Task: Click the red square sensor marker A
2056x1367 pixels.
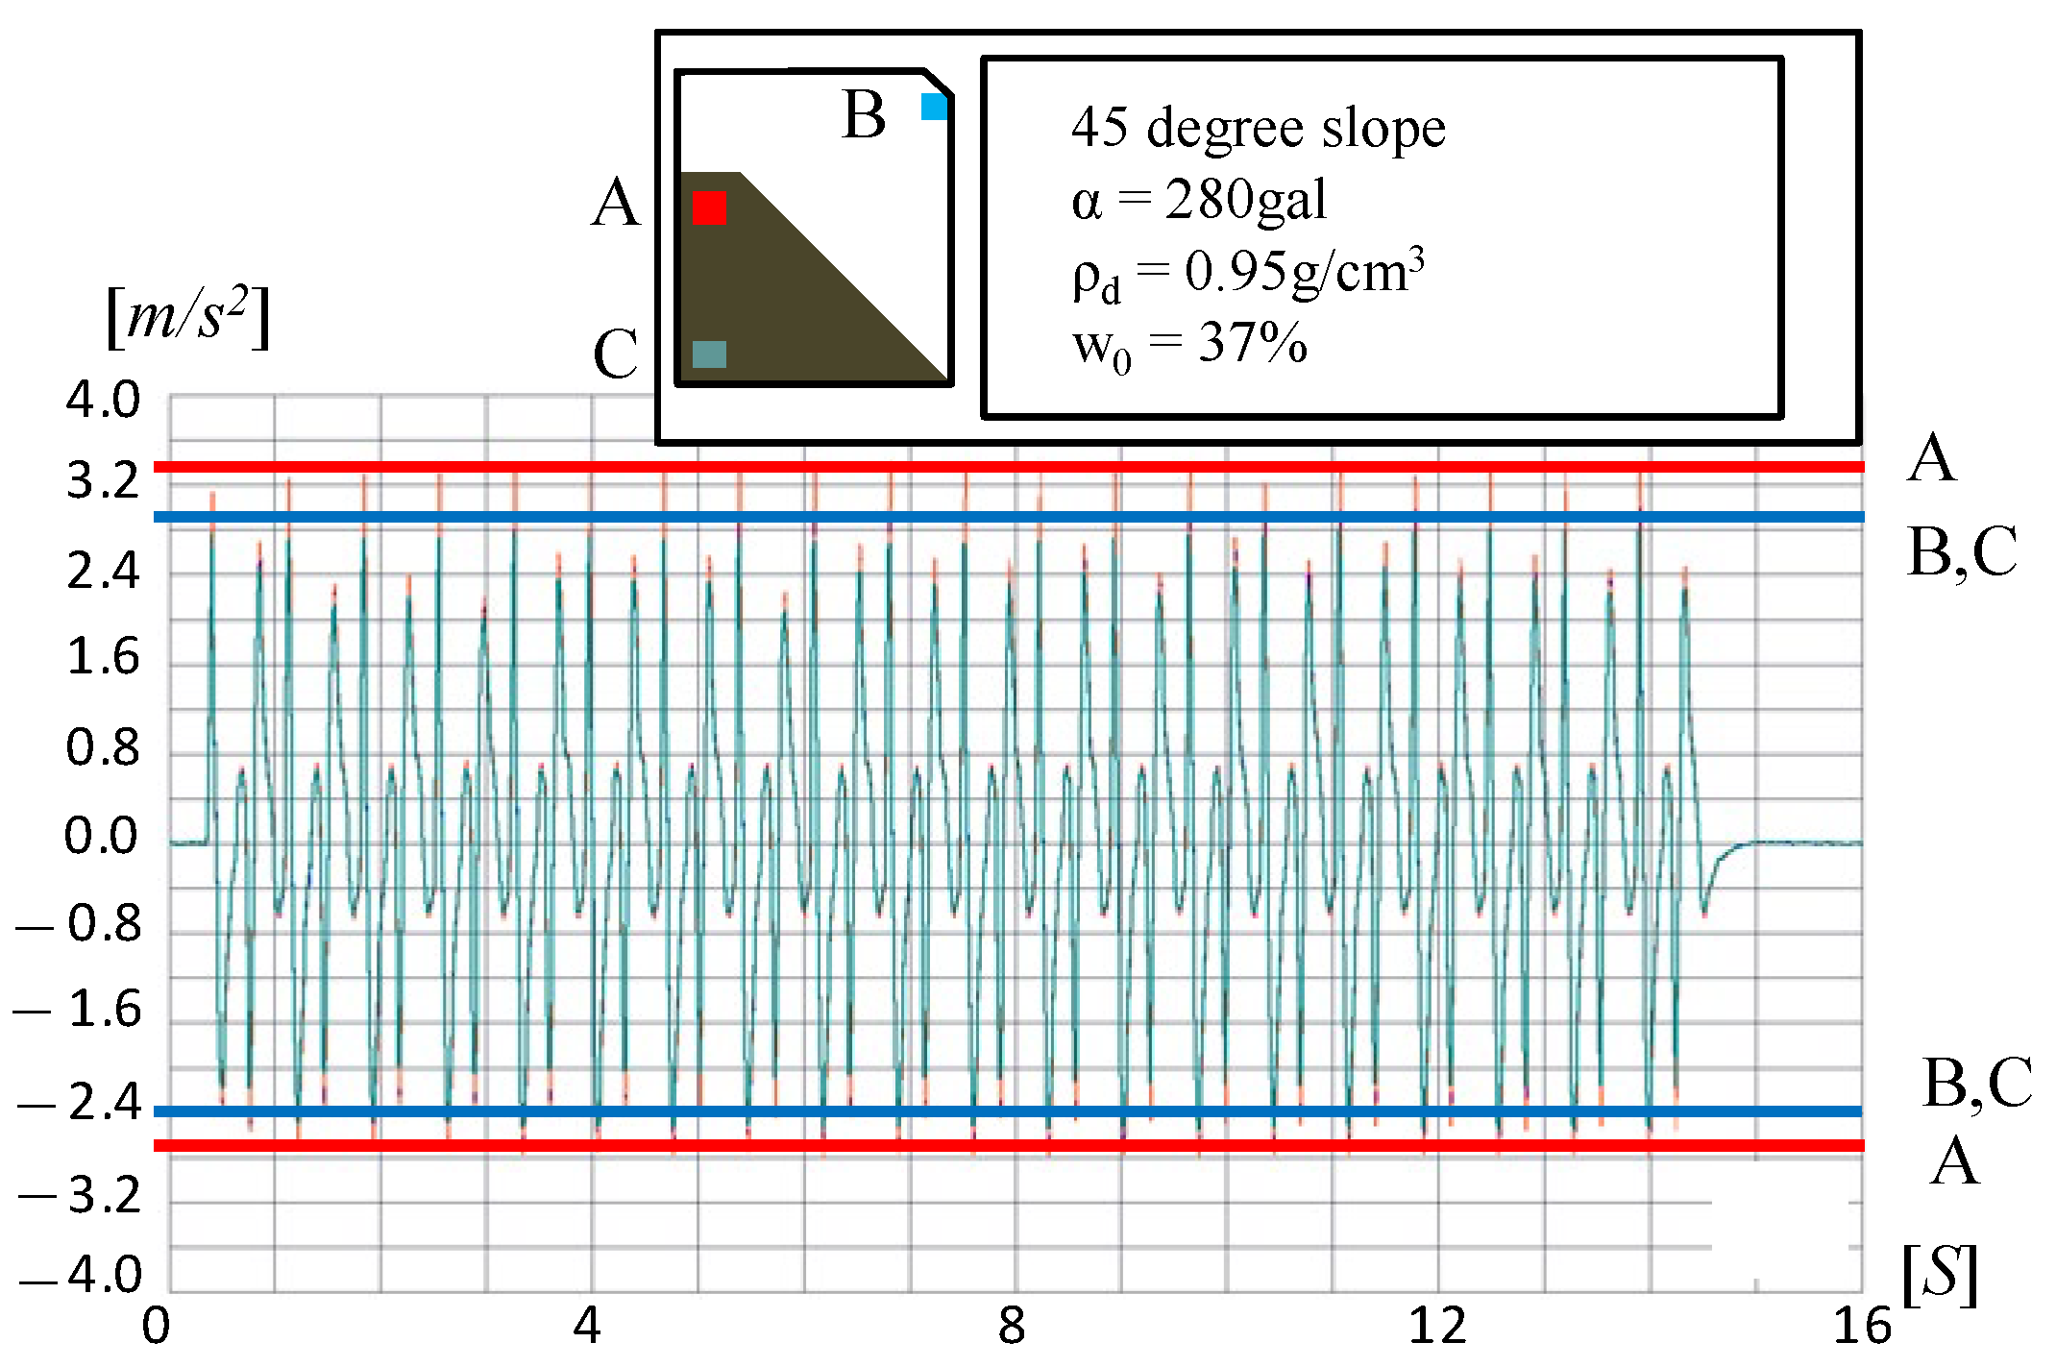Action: coord(709,207)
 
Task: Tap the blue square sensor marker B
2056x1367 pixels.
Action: coord(934,107)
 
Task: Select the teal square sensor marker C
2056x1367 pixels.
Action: coord(709,354)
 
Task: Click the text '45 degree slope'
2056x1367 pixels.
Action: coord(1258,128)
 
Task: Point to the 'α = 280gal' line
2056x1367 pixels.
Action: coord(1198,201)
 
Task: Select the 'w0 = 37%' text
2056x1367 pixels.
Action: coord(1189,344)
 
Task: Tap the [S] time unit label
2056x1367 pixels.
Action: coord(1939,1275)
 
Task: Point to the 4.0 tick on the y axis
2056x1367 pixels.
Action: coord(103,400)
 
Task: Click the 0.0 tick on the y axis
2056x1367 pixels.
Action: coord(101,836)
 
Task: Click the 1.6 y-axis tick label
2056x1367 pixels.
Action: coord(103,657)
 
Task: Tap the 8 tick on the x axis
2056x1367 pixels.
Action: coord(1012,1327)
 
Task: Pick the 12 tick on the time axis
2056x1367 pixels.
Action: coord(1438,1327)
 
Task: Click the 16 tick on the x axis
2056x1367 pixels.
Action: coord(1861,1327)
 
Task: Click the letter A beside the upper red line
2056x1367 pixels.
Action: coord(1931,458)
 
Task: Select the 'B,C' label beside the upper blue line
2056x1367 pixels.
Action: coord(1962,551)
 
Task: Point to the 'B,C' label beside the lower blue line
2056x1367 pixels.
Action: coord(1976,1083)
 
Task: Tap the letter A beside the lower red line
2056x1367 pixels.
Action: coord(1955,1161)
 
